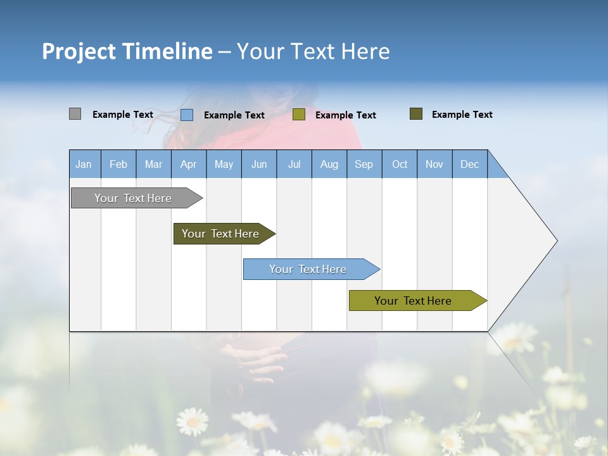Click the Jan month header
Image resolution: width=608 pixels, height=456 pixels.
(x=84, y=164)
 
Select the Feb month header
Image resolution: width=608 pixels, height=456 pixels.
(x=118, y=164)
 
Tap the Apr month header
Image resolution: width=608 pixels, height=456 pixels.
(x=188, y=164)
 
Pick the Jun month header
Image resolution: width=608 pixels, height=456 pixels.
(x=259, y=164)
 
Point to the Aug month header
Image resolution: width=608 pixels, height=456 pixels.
(x=329, y=164)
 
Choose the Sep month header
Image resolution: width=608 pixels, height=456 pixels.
(x=364, y=164)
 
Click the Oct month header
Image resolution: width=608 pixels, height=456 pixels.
(x=400, y=164)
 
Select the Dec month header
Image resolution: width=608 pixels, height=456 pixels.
(x=469, y=164)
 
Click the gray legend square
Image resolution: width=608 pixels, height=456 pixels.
(x=75, y=114)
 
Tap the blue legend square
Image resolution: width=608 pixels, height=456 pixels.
(x=187, y=115)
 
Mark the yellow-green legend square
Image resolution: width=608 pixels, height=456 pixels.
(x=299, y=115)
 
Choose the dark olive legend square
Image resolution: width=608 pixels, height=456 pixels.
(x=416, y=114)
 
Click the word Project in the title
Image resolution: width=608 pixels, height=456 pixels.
(x=78, y=51)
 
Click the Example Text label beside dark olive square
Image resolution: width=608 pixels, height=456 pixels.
(x=462, y=115)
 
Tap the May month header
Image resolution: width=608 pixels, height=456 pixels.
(x=224, y=164)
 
